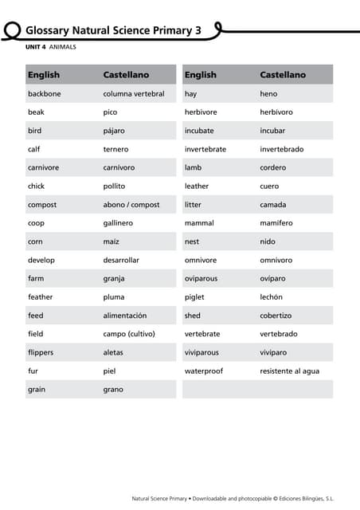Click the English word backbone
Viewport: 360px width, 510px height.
coord(44,94)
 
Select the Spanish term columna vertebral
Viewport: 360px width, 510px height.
coord(134,94)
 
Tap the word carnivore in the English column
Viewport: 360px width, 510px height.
coord(43,168)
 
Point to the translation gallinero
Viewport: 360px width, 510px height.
coord(118,223)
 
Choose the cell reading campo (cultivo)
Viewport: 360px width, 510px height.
coord(129,334)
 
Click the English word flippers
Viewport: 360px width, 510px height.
coord(41,352)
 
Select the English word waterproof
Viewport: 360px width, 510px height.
coord(204,371)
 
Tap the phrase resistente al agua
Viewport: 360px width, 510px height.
coord(289,371)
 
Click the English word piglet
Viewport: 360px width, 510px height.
coord(194,297)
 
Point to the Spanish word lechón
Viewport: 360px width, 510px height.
coord(271,297)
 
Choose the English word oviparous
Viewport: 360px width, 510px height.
coord(201,279)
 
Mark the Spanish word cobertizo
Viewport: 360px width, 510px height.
coord(276,316)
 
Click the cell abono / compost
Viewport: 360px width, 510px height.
coord(131,205)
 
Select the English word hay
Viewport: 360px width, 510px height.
coord(190,94)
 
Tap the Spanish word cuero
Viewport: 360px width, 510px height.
coord(269,186)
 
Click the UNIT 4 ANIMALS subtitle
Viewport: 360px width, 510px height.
coord(51,47)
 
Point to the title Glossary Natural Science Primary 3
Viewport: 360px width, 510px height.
coord(113,30)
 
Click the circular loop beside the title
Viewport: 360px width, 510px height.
coord(11,30)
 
